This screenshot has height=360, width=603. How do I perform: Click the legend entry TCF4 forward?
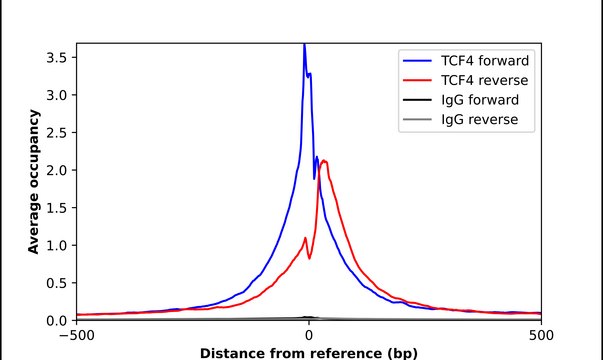(484, 57)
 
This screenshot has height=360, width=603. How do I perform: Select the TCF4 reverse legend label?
(483, 79)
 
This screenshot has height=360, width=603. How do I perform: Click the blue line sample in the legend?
(416, 57)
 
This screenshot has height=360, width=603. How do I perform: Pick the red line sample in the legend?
(416, 79)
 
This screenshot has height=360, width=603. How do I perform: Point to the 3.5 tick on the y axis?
(58, 57)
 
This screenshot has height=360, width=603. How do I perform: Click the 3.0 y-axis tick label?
(58, 95)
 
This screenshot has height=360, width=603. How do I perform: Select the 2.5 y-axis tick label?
(58, 132)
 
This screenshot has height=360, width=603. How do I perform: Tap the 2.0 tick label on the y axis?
(58, 170)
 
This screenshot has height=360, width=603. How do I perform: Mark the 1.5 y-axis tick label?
(58, 208)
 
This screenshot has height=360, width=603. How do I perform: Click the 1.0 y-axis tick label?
(58, 245)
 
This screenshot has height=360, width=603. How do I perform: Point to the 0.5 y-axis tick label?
(58, 283)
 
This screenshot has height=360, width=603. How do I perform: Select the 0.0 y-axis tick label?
(58, 320)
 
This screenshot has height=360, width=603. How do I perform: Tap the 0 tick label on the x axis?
(309, 335)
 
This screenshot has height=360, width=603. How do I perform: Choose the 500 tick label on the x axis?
(540, 335)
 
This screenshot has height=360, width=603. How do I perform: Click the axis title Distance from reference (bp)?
(309, 352)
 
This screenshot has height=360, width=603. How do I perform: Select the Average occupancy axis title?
(34, 182)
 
